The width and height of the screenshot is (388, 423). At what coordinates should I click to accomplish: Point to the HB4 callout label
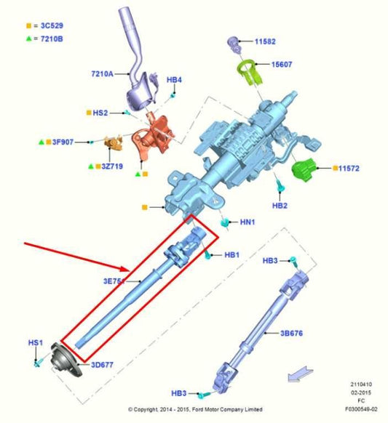tap(175, 80)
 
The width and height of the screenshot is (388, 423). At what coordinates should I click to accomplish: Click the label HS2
tap(100, 113)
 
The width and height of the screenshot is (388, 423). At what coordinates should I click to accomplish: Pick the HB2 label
tap(280, 206)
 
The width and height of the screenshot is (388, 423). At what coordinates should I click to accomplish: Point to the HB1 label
tap(232, 255)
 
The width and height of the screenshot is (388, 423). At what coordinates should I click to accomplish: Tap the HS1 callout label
tap(36, 342)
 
